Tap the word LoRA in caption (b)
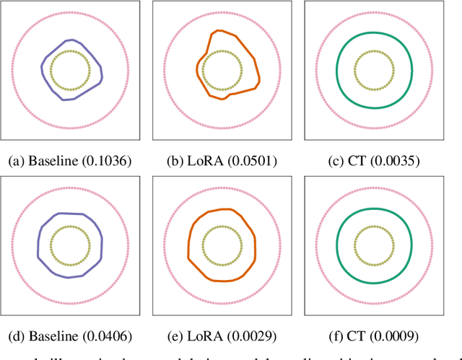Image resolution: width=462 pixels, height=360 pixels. tap(206, 160)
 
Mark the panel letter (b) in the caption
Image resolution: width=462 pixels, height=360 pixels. tap(178, 160)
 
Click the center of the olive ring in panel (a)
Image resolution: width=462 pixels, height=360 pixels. tap(70, 70)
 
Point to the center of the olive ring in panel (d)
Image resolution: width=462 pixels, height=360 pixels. tap(70, 245)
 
